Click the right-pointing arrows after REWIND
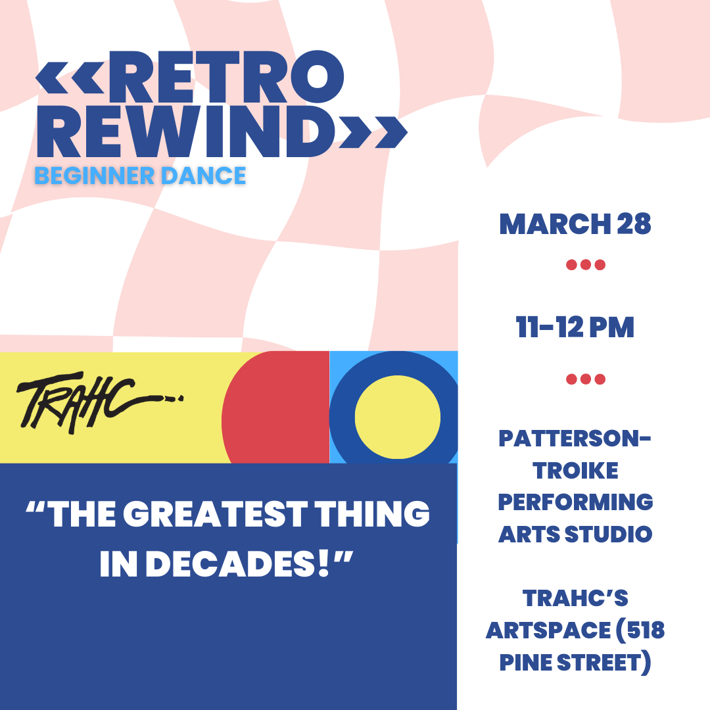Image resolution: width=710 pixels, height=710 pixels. (x=372, y=132)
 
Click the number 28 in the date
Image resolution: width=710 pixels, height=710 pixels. (x=634, y=224)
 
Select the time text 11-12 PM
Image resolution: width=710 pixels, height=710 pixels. (x=575, y=327)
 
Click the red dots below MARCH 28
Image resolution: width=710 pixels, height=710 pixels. (x=585, y=266)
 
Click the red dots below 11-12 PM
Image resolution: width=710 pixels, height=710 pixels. (x=585, y=379)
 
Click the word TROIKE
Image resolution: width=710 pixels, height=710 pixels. (x=575, y=470)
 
